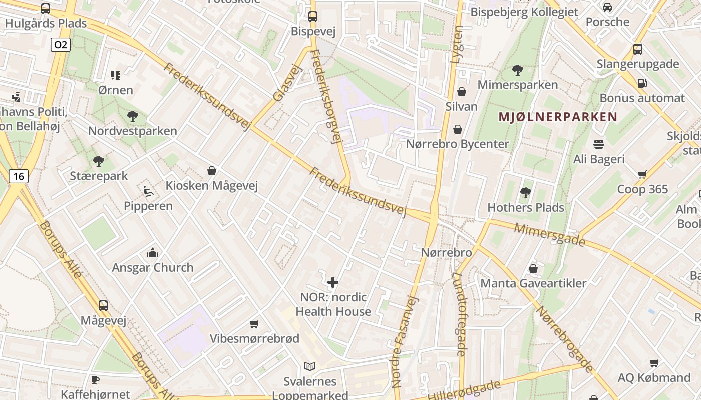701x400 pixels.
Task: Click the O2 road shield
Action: pyautogui.click(x=60, y=45)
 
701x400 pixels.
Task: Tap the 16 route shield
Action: pyautogui.click(x=19, y=176)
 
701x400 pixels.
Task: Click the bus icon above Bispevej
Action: pyautogui.click(x=313, y=16)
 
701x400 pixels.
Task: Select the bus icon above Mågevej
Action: pyautogui.click(x=103, y=305)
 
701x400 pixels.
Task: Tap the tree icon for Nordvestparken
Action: pyautogui.click(x=133, y=116)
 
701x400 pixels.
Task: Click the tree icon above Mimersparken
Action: pyautogui.click(x=517, y=70)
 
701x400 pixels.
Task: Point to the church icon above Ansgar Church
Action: pyautogui.click(x=152, y=253)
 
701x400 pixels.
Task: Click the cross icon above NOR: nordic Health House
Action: pyautogui.click(x=333, y=283)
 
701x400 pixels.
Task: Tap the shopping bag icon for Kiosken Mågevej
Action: pyautogui.click(x=212, y=171)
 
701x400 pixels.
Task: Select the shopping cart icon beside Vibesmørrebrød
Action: pyautogui.click(x=254, y=324)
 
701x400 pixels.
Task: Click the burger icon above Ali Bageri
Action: pyautogui.click(x=599, y=144)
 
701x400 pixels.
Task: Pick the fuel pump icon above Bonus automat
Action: pyautogui.click(x=642, y=83)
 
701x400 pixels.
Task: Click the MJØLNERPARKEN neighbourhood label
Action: pyautogui.click(x=557, y=117)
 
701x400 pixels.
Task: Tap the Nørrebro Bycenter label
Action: pyautogui.click(x=457, y=144)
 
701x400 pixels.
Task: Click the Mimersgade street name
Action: pyautogui.click(x=550, y=234)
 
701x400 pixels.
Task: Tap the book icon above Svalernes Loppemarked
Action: pyautogui.click(x=310, y=367)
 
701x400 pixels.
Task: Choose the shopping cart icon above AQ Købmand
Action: pyautogui.click(x=654, y=363)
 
